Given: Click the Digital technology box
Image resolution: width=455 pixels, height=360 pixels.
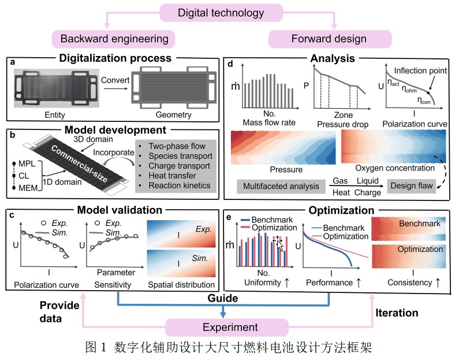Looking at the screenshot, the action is pos(221,13).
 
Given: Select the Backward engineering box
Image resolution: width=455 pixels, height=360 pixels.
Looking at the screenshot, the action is pos(114,39).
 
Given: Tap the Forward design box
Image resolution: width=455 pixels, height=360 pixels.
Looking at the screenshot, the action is pos(330,39).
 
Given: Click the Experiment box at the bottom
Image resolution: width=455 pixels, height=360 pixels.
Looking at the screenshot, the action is pos(227,328).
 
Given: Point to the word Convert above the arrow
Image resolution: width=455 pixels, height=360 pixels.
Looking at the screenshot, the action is pos(115,80).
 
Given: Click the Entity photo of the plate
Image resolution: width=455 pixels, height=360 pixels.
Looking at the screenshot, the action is pos(56,88).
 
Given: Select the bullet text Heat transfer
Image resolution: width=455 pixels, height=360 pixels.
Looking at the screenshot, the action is pos(172,176).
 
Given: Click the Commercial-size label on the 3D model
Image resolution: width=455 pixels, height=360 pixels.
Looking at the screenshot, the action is pos(79,163).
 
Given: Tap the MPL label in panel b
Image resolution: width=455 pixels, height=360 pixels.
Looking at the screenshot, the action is pos(27,164).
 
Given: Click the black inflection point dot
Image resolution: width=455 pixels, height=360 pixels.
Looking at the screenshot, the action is pos(428,93).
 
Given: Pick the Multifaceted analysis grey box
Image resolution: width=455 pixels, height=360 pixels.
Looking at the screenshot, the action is pos(281,187).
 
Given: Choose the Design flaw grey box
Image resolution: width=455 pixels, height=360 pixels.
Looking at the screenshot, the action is pos(412,186).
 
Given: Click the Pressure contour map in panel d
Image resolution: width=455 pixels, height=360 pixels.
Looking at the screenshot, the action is pos(283,147).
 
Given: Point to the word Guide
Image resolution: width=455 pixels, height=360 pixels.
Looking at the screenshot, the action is pos(222,298).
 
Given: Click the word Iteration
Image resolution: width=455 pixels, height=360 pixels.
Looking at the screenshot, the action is pos(397,313).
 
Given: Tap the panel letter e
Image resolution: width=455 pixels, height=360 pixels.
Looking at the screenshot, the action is pos(229,217).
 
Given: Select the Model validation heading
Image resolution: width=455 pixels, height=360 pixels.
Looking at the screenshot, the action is pos(120,210).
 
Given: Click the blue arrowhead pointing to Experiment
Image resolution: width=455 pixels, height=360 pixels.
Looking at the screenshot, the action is pos(223,314).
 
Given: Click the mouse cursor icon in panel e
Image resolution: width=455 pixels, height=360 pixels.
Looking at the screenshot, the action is pos(278,243).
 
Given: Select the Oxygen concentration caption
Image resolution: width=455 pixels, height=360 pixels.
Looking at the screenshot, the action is pos(394,168).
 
